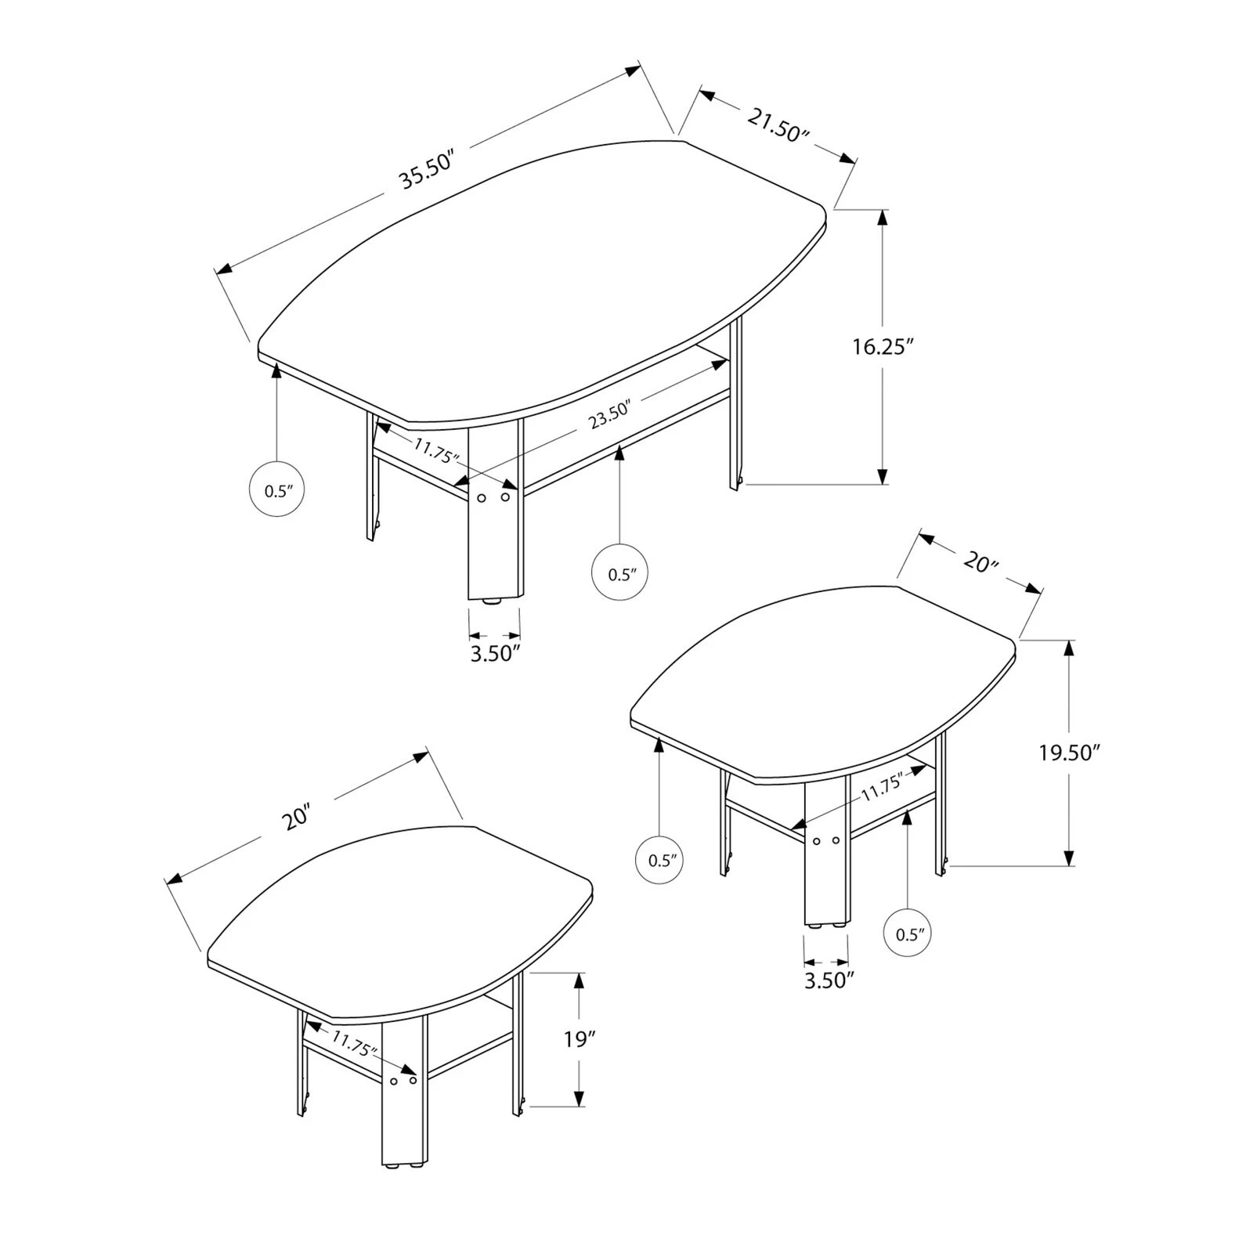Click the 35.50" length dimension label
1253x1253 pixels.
(x=428, y=172)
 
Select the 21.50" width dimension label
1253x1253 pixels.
(x=777, y=125)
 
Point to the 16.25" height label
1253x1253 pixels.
(x=883, y=346)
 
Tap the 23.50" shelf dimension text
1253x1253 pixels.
(x=610, y=415)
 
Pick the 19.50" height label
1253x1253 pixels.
(x=1070, y=753)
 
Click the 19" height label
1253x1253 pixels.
(x=580, y=1039)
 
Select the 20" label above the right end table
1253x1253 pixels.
(x=978, y=561)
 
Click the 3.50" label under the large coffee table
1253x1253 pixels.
(x=496, y=652)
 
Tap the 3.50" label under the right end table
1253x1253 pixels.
(x=829, y=980)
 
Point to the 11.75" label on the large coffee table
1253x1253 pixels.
(x=436, y=451)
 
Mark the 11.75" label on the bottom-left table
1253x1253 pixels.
(x=354, y=1045)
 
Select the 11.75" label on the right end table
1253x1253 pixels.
(x=883, y=786)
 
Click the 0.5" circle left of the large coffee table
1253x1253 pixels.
(x=276, y=491)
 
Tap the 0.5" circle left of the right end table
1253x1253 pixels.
(x=660, y=860)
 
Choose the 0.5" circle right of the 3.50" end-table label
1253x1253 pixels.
(x=908, y=933)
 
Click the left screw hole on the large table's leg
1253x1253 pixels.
(x=482, y=498)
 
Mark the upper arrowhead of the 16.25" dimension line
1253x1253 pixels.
(x=883, y=217)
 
